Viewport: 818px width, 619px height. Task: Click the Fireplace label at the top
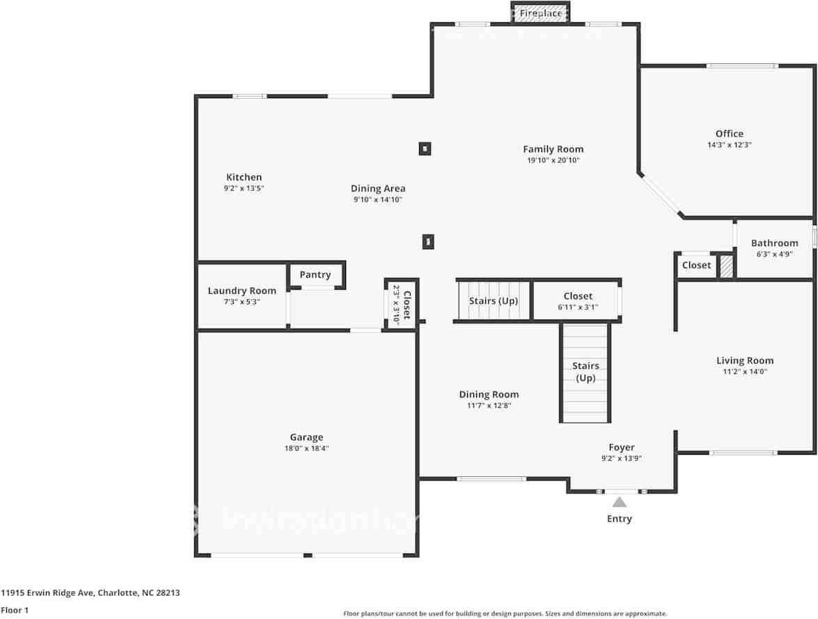pyautogui.click(x=541, y=13)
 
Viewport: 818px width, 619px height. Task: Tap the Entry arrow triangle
pyautogui.click(x=619, y=502)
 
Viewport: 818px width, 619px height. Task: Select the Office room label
pyautogui.click(x=729, y=134)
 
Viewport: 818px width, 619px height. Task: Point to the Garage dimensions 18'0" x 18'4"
pyautogui.click(x=306, y=448)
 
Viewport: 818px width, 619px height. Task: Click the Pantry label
pyautogui.click(x=315, y=275)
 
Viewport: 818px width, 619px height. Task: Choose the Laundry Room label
pyautogui.click(x=242, y=290)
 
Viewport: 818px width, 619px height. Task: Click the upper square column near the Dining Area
pyautogui.click(x=425, y=148)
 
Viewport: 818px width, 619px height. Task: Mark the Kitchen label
pyautogui.click(x=244, y=177)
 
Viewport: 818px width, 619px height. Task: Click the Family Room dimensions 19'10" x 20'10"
pyautogui.click(x=553, y=160)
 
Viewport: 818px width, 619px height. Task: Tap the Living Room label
pyautogui.click(x=745, y=360)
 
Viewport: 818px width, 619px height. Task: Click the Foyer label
pyautogui.click(x=621, y=447)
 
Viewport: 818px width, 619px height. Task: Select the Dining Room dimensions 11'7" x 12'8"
pyautogui.click(x=489, y=405)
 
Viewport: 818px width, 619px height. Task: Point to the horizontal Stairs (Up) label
pyautogui.click(x=493, y=301)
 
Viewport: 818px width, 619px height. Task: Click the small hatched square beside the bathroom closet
pyautogui.click(x=726, y=267)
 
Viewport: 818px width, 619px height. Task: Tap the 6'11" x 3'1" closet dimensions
pyautogui.click(x=578, y=307)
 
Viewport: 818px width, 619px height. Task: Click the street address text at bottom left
pyautogui.click(x=90, y=593)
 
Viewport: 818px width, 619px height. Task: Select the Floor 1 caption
pyautogui.click(x=15, y=610)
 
